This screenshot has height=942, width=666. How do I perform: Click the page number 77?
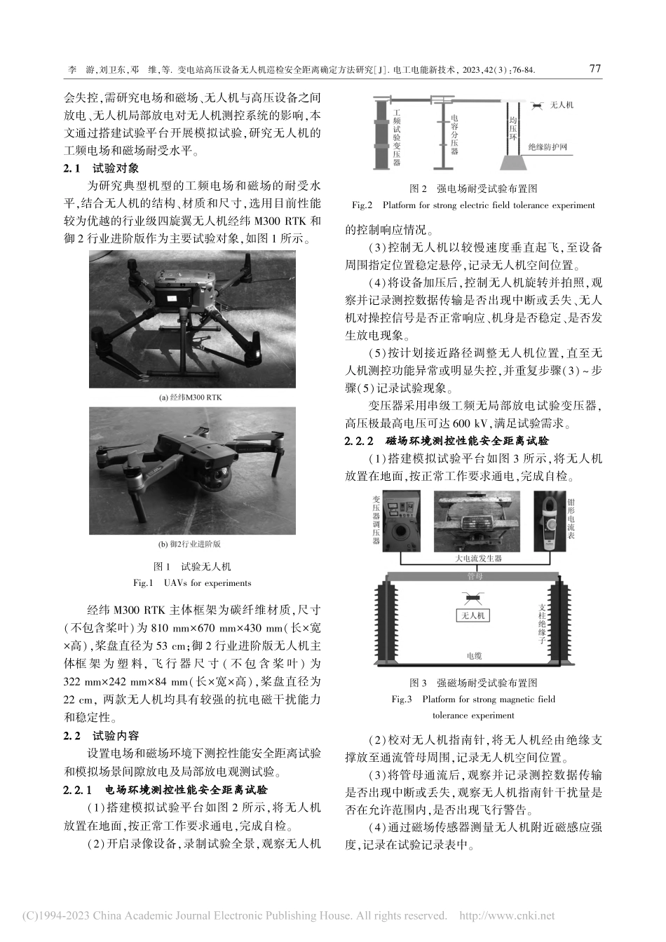595,69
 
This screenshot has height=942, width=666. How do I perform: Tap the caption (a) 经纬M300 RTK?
190,397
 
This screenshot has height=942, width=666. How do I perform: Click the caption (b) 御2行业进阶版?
190,544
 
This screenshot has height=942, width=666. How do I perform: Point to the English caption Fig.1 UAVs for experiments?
191,582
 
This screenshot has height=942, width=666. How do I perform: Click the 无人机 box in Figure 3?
473,615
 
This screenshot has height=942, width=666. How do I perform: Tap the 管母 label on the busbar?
475,575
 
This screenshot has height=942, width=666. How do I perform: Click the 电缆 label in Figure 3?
475,656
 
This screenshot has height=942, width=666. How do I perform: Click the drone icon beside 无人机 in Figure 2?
536,106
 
